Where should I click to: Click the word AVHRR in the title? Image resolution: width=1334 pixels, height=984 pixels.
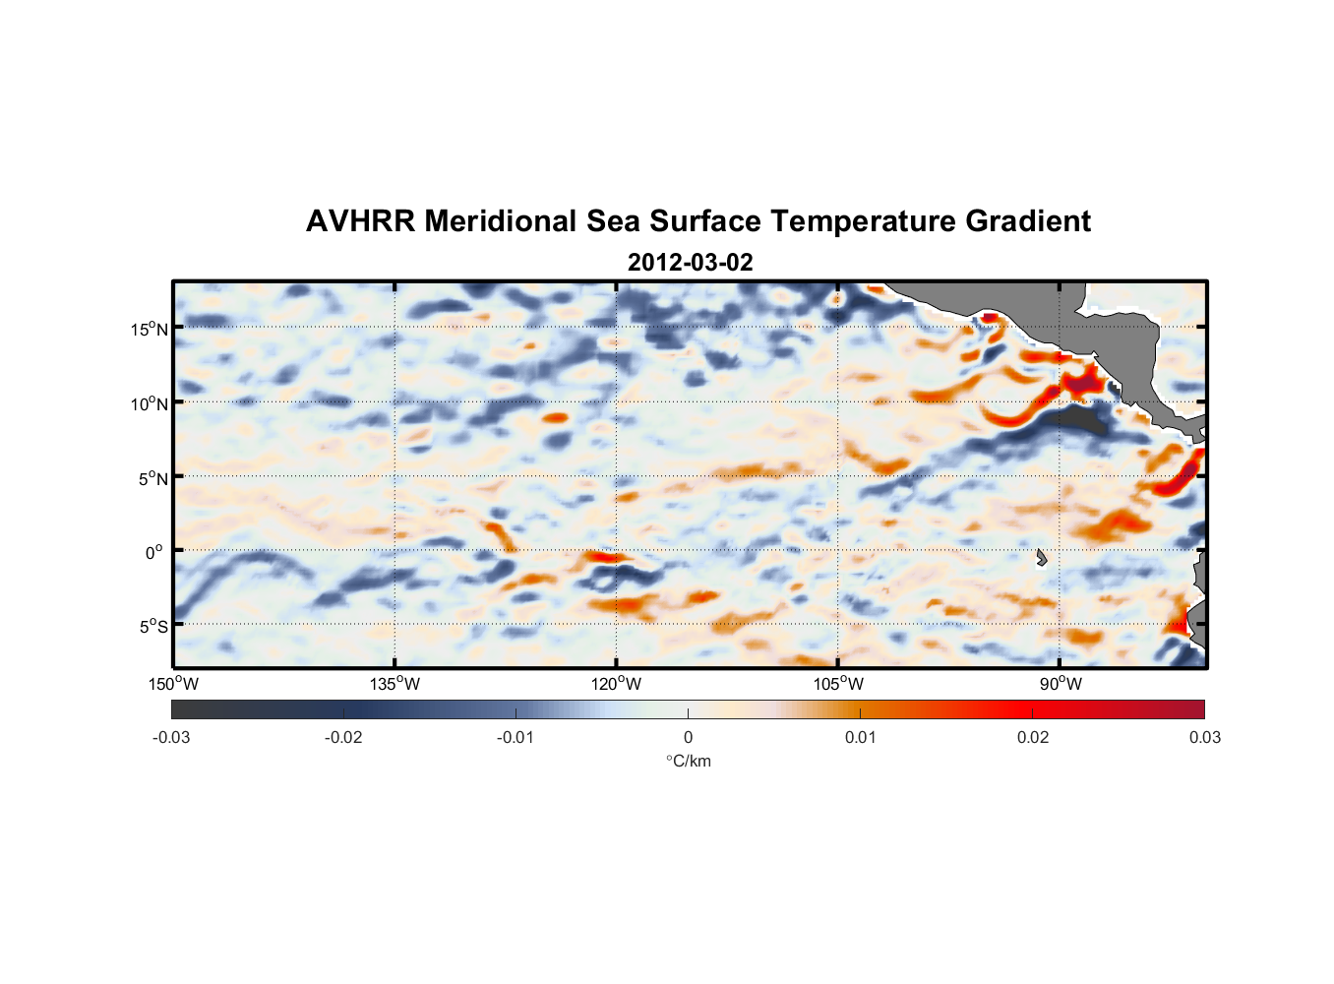click(359, 221)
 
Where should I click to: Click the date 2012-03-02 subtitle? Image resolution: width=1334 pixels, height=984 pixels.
click(690, 263)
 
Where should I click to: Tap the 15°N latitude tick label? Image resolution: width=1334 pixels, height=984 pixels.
click(150, 329)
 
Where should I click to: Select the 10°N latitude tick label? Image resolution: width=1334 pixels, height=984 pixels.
click(150, 403)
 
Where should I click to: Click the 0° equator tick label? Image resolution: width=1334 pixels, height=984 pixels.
click(153, 552)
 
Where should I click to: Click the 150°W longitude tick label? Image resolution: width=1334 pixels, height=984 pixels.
click(173, 684)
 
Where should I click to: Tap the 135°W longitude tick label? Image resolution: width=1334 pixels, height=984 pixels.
click(394, 684)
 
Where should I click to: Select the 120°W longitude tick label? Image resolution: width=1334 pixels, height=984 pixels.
click(616, 684)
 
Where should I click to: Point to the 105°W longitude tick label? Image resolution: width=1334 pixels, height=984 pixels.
click(838, 684)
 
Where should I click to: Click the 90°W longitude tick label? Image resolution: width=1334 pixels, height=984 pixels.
click(1061, 684)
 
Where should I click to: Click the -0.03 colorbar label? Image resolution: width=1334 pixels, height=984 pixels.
click(171, 737)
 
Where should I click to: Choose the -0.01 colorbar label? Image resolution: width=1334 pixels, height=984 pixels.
click(515, 737)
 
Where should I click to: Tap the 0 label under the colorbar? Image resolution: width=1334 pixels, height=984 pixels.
click(688, 737)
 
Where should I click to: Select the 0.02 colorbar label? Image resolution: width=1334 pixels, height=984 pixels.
click(1033, 737)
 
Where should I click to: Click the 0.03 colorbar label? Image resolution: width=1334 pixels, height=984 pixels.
click(1204, 737)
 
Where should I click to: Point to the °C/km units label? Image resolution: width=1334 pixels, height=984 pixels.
click(688, 761)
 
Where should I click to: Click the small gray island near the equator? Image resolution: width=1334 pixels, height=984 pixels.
click(1041, 558)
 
